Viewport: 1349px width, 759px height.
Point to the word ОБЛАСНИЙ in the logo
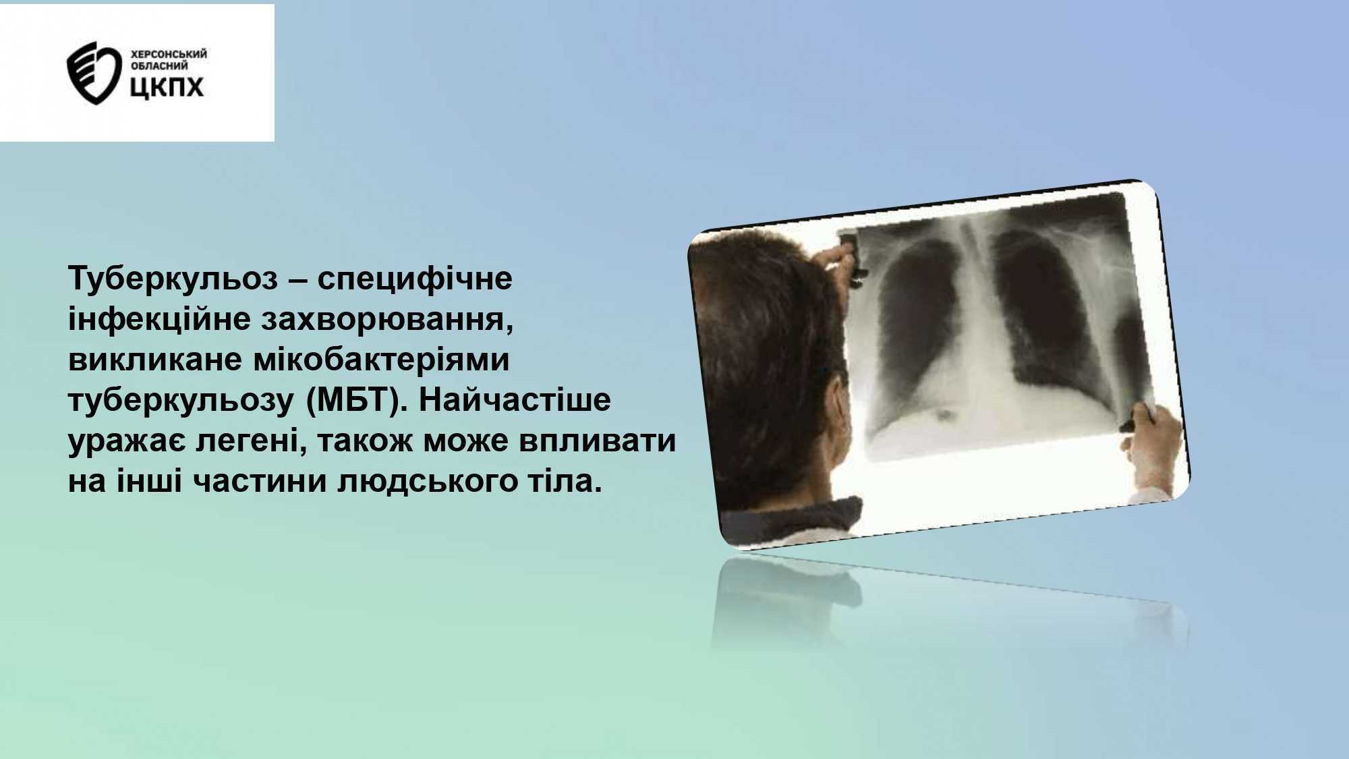point(158,66)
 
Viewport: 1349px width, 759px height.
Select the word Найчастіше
point(515,400)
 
